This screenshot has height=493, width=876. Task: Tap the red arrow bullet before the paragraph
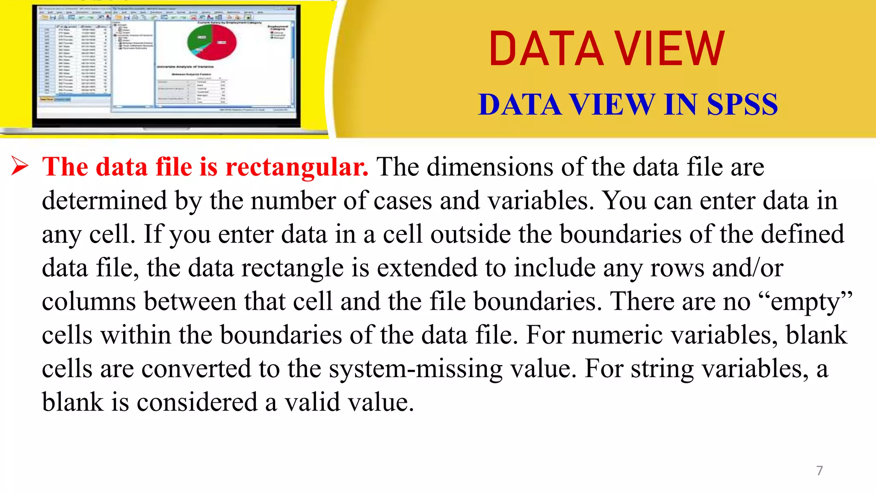[x=20, y=166]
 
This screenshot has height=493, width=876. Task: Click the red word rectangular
[x=296, y=167]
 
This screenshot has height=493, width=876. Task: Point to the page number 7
[x=819, y=470]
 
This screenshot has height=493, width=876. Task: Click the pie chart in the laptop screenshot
[x=212, y=42]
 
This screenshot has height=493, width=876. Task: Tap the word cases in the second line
[x=402, y=201]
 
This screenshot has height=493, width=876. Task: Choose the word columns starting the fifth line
[x=89, y=302]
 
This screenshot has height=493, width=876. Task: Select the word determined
[x=104, y=201]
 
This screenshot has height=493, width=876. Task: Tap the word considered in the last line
[x=197, y=402]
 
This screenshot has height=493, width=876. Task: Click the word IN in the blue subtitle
[x=681, y=104]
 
